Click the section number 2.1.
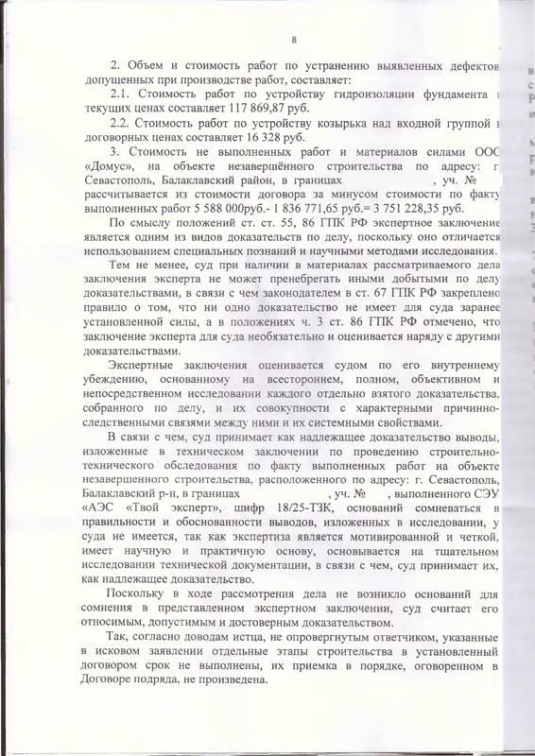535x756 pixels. pos(120,97)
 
